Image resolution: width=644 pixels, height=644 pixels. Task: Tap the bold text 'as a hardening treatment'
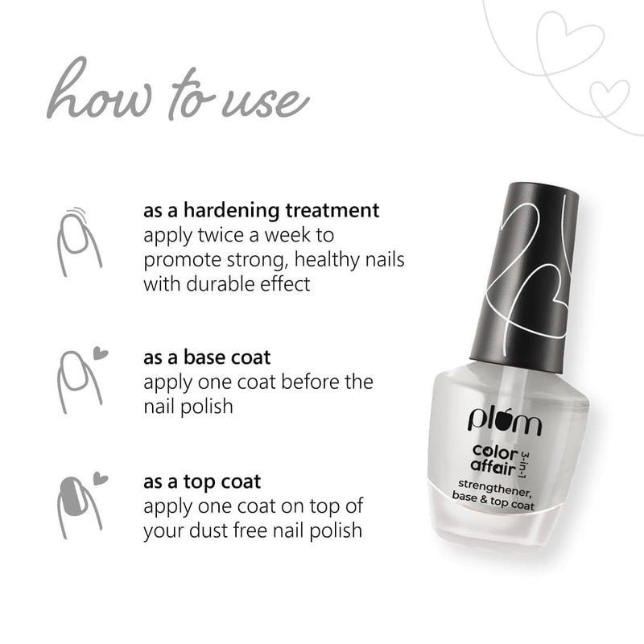pos(261,211)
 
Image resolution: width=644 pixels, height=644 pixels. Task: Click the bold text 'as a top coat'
pos(202,482)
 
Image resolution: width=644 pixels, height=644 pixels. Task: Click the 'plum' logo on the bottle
pos(505,424)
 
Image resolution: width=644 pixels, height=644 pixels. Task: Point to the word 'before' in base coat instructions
pos(310,381)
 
